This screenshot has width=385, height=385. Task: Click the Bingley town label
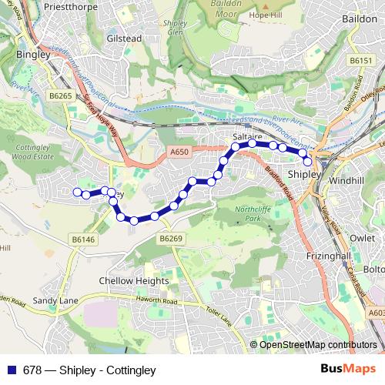[x=30, y=55]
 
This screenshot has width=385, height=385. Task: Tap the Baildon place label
[x=359, y=16]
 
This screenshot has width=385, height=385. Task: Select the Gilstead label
[x=126, y=37]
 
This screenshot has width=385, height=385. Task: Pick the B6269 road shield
[x=171, y=240]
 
